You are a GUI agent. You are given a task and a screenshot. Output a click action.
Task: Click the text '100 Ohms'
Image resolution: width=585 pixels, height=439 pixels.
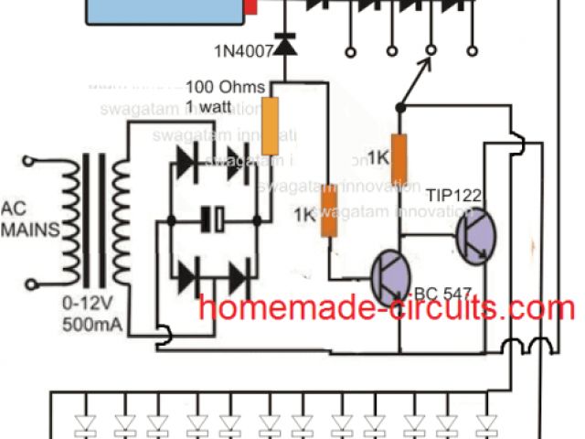tap(218, 88)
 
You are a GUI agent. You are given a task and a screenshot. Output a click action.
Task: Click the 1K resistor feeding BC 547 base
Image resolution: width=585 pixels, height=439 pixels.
tap(326, 211)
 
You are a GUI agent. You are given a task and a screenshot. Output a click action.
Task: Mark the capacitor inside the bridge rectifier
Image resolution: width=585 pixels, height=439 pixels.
tap(214, 219)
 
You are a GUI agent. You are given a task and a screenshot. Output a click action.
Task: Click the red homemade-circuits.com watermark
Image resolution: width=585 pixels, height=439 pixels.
tap(387, 310)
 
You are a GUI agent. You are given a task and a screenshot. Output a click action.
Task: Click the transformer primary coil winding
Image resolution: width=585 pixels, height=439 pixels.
tap(69, 224)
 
